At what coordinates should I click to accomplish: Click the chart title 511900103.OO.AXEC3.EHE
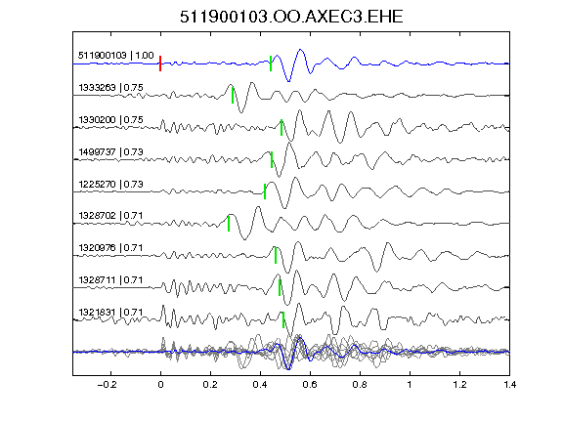coord(291,17)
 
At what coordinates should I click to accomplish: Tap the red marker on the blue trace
coord(160,63)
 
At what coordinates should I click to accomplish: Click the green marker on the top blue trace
coord(271,63)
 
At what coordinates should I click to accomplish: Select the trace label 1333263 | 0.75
coord(110,88)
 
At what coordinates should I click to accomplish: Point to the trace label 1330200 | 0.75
coord(110,119)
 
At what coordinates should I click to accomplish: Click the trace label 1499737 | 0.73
coord(110,151)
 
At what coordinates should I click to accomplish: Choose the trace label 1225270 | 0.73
coord(110,184)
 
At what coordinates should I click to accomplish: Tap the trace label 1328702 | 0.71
coord(110,215)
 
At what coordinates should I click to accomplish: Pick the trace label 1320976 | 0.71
coord(110,247)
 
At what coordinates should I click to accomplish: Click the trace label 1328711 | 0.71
coord(110,280)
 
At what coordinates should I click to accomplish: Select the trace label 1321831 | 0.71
coord(110,313)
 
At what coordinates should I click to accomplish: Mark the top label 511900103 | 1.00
coord(116,56)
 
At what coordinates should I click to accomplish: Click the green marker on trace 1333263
coord(233,96)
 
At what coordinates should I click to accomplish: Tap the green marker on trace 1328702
coord(229,223)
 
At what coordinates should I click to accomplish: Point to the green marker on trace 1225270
coord(265,191)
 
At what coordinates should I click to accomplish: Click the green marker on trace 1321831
coord(283,319)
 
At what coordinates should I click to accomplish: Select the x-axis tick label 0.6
coord(310,385)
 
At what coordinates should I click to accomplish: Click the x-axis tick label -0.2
coord(107,385)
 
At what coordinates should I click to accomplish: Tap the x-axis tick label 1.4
coord(510,385)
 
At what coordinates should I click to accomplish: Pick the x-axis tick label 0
coord(160,385)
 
